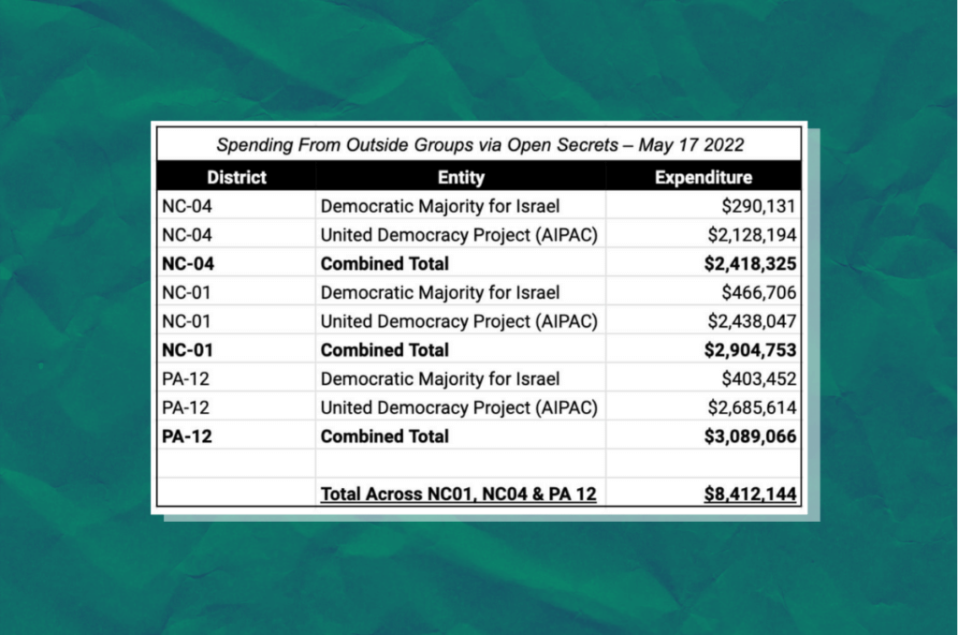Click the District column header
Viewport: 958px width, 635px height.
(x=237, y=177)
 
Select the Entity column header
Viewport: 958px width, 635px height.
(x=460, y=177)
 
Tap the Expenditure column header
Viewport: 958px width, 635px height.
(x=703, y=177)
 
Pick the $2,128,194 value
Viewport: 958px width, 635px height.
(x=751, y=235)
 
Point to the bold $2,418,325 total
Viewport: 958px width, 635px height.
(x=749, y=264)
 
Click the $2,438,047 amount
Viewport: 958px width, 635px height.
(x=751, y=321)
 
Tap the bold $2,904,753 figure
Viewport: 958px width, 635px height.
(x=749, y=350)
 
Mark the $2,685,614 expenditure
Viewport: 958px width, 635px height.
(x=751, y=407)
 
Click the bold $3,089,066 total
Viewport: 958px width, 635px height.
(x=749, y=436)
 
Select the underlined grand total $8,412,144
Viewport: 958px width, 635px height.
(x=749, y=494)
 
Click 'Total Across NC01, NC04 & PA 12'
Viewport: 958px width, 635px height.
(x=458, y=494)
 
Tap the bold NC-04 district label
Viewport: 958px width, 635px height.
(x=188, y=264)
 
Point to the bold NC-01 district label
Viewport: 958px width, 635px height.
(x=188, y=350)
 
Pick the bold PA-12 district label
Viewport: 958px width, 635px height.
(x=188, y=436)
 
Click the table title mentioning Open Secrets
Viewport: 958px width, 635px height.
(x=478, y=145)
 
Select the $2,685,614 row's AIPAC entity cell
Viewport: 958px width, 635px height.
(x=458, y=407)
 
